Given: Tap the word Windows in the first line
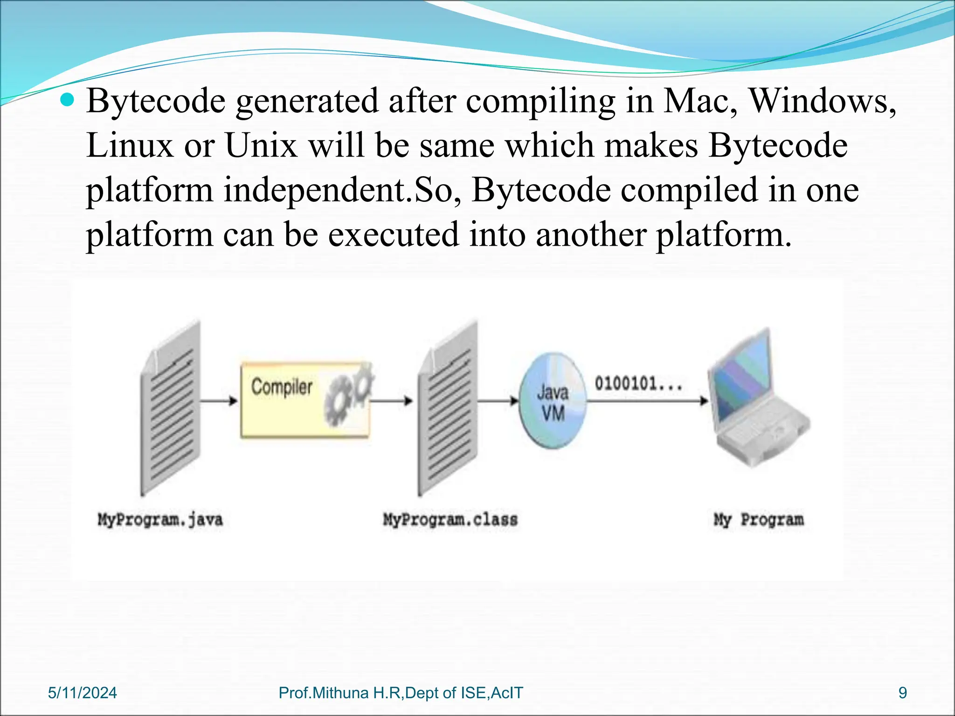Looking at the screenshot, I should click(x=822, y=101).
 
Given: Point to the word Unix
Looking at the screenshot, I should click(x=261, y=145).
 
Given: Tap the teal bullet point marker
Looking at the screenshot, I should click(x=68, y=100).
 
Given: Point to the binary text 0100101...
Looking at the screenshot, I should click(x=638, y=384).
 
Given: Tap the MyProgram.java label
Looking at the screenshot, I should click(x=160, y=520).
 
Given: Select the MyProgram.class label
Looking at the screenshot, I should click(x=450, y=520).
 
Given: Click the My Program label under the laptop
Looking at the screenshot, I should click(x=759, y=520).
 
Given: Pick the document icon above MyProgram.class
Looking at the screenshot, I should click(x=448, y=408).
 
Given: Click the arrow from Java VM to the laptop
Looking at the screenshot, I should click(x=648, y=401).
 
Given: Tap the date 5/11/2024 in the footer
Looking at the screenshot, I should click(x=83, y=693).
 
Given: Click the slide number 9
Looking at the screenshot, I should click(x=903, y=693).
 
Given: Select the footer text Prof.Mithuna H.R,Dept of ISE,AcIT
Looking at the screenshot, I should click(x=401, y=693).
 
